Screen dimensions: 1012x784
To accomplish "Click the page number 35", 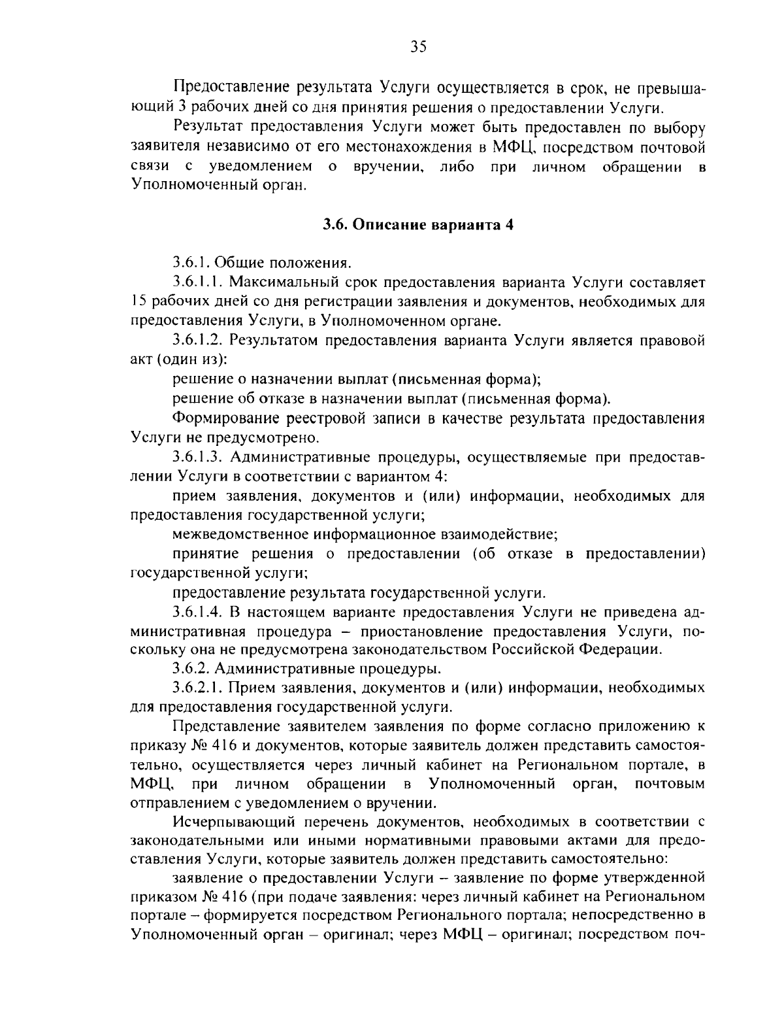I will point(418,45).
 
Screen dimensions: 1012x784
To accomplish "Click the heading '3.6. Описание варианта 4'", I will point(418,224).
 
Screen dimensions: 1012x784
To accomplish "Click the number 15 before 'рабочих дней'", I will point(138,301).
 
